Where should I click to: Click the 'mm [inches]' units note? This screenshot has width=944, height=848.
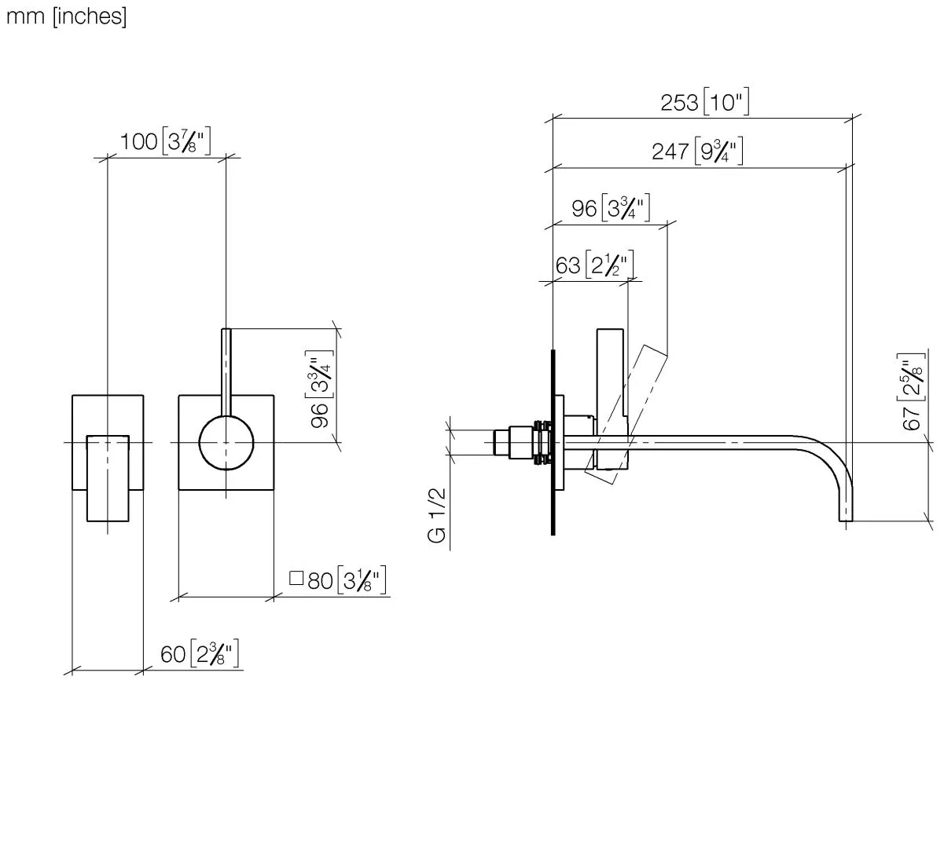pyautogui.click(x=66, y=17)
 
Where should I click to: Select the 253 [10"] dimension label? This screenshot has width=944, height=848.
pyautogui.click(x=704, y=101)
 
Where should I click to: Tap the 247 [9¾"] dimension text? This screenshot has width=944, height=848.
pyautogui.click(x=697, y=151)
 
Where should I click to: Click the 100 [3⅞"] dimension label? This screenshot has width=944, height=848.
pyautogui.click(x=165, y=141)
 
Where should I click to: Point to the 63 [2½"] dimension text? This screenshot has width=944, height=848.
pyautogui.click(x=594, y=265)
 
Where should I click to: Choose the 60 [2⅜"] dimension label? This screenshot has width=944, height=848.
pyautogui.click(x=200, y=654)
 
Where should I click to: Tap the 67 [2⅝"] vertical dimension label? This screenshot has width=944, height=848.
pyautogui.click(x=912, y=391)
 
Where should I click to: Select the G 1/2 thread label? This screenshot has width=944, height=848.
pyautogui.click(x=436, y=516)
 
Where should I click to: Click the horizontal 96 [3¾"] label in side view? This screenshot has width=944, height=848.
pyautogui.click(x=611, y=207)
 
